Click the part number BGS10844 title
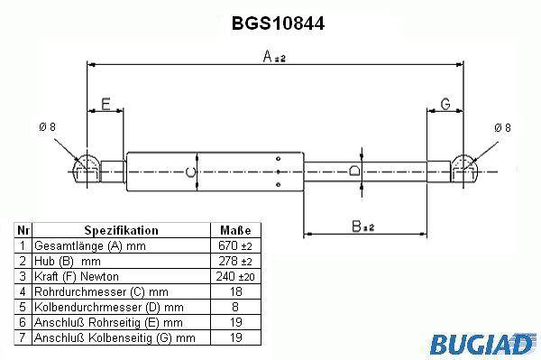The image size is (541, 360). (x=278, y=23)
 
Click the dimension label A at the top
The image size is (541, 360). (x=274, y=56)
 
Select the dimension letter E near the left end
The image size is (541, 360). (x=105, y=104)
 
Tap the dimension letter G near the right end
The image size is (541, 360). (x=445, y=104)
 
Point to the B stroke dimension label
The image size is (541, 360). (x=363, y=226)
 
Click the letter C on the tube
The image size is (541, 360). (x=191, y=172)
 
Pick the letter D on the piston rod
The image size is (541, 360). (x=354, y=171)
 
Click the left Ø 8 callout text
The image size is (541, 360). (x=47, y=127)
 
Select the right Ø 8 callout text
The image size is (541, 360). (x=502, y=128)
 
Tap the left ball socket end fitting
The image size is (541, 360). (x=87, y=169)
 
